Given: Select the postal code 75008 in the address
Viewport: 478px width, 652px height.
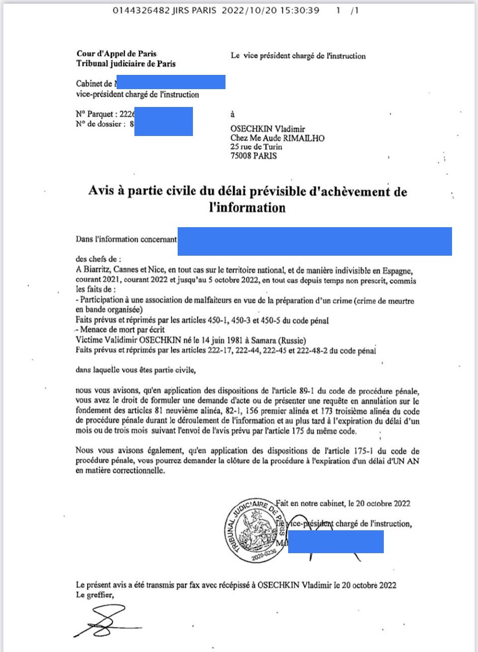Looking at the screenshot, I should (x=243, y=156).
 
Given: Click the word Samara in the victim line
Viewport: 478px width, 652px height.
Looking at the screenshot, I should (x=280, y=340).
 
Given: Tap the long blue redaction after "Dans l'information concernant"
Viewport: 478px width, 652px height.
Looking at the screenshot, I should (x=315, y=241).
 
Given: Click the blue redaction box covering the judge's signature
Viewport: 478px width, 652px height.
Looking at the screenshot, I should (x=335, y=541).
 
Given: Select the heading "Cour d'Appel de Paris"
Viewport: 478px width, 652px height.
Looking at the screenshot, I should (x=117, y=53).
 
